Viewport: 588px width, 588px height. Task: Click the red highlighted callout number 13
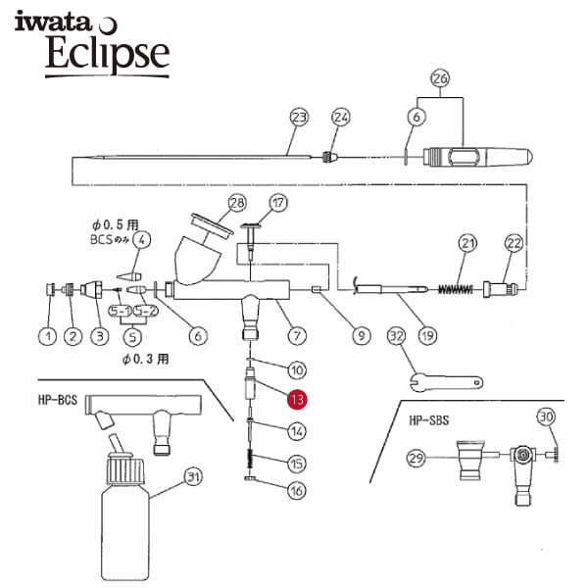click(297, 400)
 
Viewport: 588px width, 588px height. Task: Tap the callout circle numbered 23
click(299, 118)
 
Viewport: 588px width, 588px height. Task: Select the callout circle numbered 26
click(440, 78)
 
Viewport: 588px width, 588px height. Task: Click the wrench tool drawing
click(446, 382)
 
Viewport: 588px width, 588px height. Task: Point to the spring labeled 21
click(456, 289)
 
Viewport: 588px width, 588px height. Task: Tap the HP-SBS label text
click(429, 420)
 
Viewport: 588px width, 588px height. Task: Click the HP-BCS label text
click(58, 400)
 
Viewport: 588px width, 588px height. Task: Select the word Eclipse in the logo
click(108, 53)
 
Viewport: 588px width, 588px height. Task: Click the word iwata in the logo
click(53, 22)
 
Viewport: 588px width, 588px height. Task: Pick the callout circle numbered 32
click(396, 336)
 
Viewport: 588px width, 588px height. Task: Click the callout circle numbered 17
click(278, 203)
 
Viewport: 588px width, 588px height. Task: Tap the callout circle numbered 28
click(237, 203)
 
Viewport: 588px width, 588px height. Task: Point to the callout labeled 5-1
click(120, 311)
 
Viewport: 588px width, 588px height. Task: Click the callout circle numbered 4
click(141, 239)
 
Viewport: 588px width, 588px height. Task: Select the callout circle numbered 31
click(193, 477)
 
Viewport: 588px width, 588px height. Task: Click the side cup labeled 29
click(470, 461)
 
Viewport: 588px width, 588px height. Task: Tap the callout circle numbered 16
click(297, 491)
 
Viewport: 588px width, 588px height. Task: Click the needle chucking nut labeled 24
click(329, 157)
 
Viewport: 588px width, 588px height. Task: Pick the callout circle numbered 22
click(514, 243)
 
